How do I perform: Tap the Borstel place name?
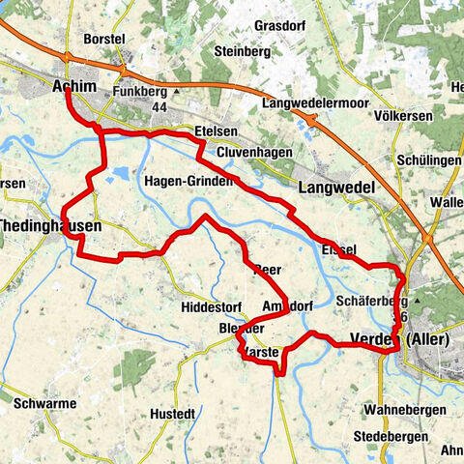pos(105,39)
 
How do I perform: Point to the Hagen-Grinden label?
pos(188,181)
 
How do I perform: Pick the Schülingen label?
pos(427,160)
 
